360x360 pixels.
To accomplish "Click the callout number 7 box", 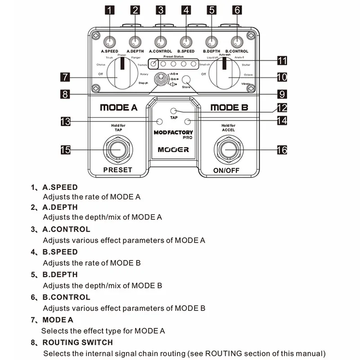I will point(65,77).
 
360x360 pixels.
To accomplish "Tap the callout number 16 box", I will point(282,150).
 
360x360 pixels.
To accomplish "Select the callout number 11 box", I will point(282,60).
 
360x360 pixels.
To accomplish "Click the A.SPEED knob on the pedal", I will point(110,42).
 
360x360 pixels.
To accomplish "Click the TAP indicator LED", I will point(174,111).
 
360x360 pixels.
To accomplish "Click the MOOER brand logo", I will point(173,149).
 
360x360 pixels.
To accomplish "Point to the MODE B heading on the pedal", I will point(229,108).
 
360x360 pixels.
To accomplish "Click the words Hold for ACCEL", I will point(228,127).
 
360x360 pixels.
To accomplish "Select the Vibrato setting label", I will point(246,84).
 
